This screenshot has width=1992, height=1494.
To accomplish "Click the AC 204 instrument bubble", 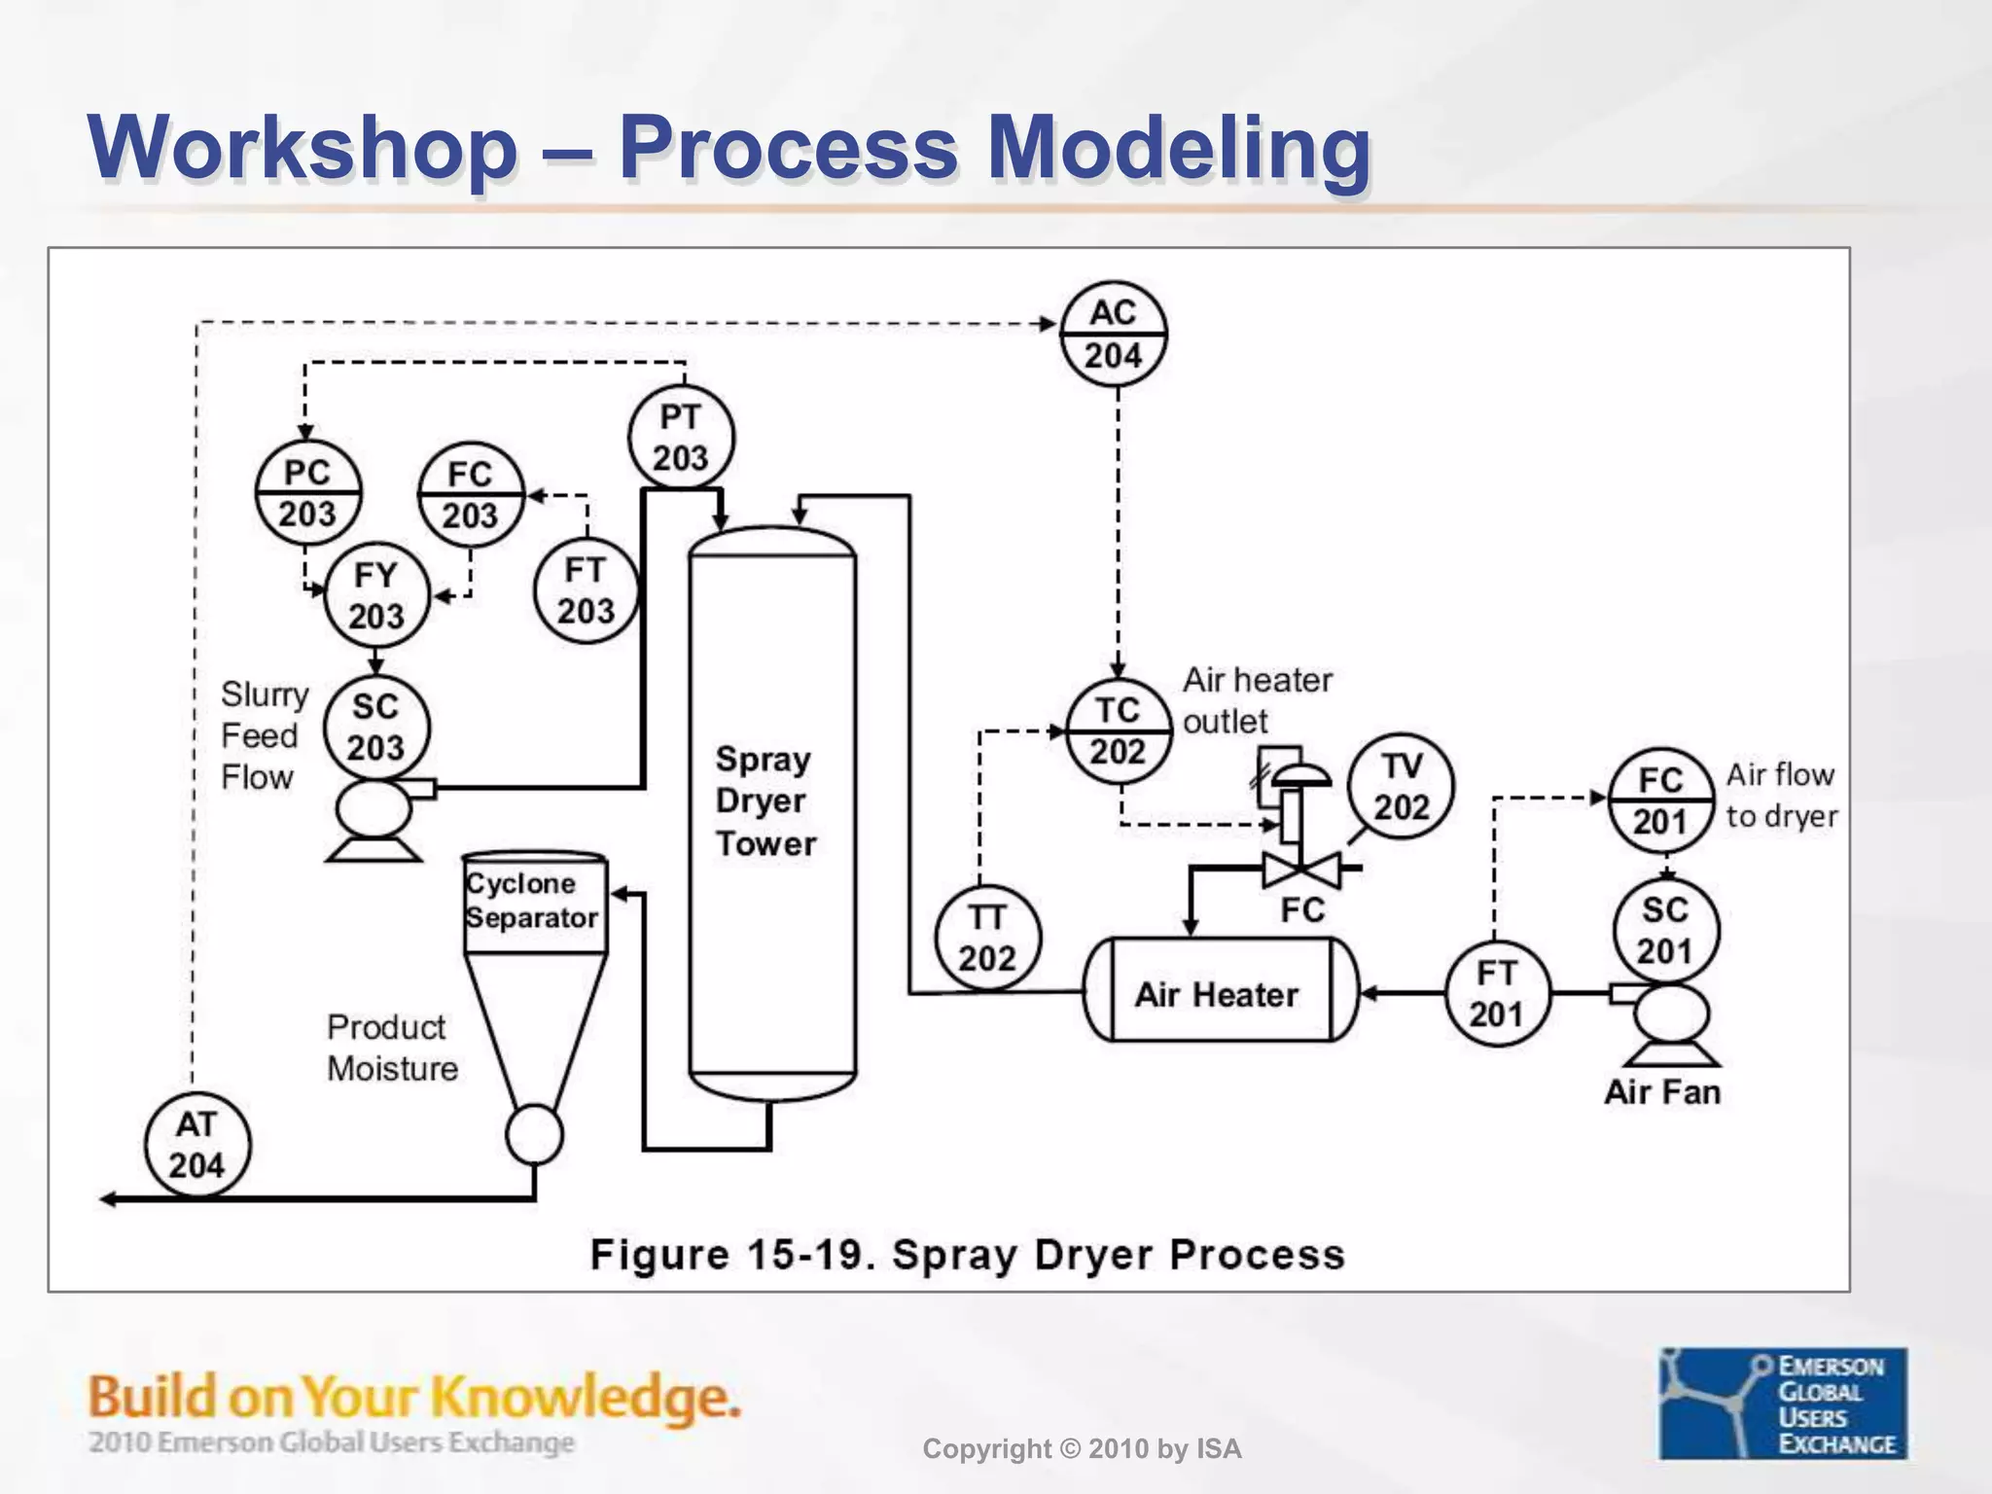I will [1113, 334].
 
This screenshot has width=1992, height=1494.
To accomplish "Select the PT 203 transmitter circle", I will [680, 438].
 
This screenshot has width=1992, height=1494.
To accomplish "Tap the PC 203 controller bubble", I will [307, 493].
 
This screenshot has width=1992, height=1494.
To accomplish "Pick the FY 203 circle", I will [376, 595].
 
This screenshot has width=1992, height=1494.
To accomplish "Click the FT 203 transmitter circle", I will [586, 590].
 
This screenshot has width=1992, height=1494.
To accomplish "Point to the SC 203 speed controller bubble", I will [376, 727].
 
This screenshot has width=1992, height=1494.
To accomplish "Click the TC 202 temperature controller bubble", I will [1118, 730].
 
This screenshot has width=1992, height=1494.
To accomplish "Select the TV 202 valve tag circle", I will [1402, 786].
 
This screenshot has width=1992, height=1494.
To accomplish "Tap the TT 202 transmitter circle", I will [987, 938].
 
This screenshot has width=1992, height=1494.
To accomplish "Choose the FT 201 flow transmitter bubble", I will [1496, 993].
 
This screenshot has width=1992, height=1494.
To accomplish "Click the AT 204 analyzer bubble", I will [197, 1145].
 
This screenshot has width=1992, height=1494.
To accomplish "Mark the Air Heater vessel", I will [1220, 992].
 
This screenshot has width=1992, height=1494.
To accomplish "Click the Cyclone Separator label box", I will [534, 902].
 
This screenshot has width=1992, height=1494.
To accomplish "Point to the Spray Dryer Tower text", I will [765, 800].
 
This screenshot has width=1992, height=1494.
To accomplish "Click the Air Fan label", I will [1661, 1091].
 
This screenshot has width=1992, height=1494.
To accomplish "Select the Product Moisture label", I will [392, 1048].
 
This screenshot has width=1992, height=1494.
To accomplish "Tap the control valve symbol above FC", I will [1300, 867].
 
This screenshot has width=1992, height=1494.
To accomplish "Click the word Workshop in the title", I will [302, 148].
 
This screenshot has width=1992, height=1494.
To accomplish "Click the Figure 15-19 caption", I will [967, 1254].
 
